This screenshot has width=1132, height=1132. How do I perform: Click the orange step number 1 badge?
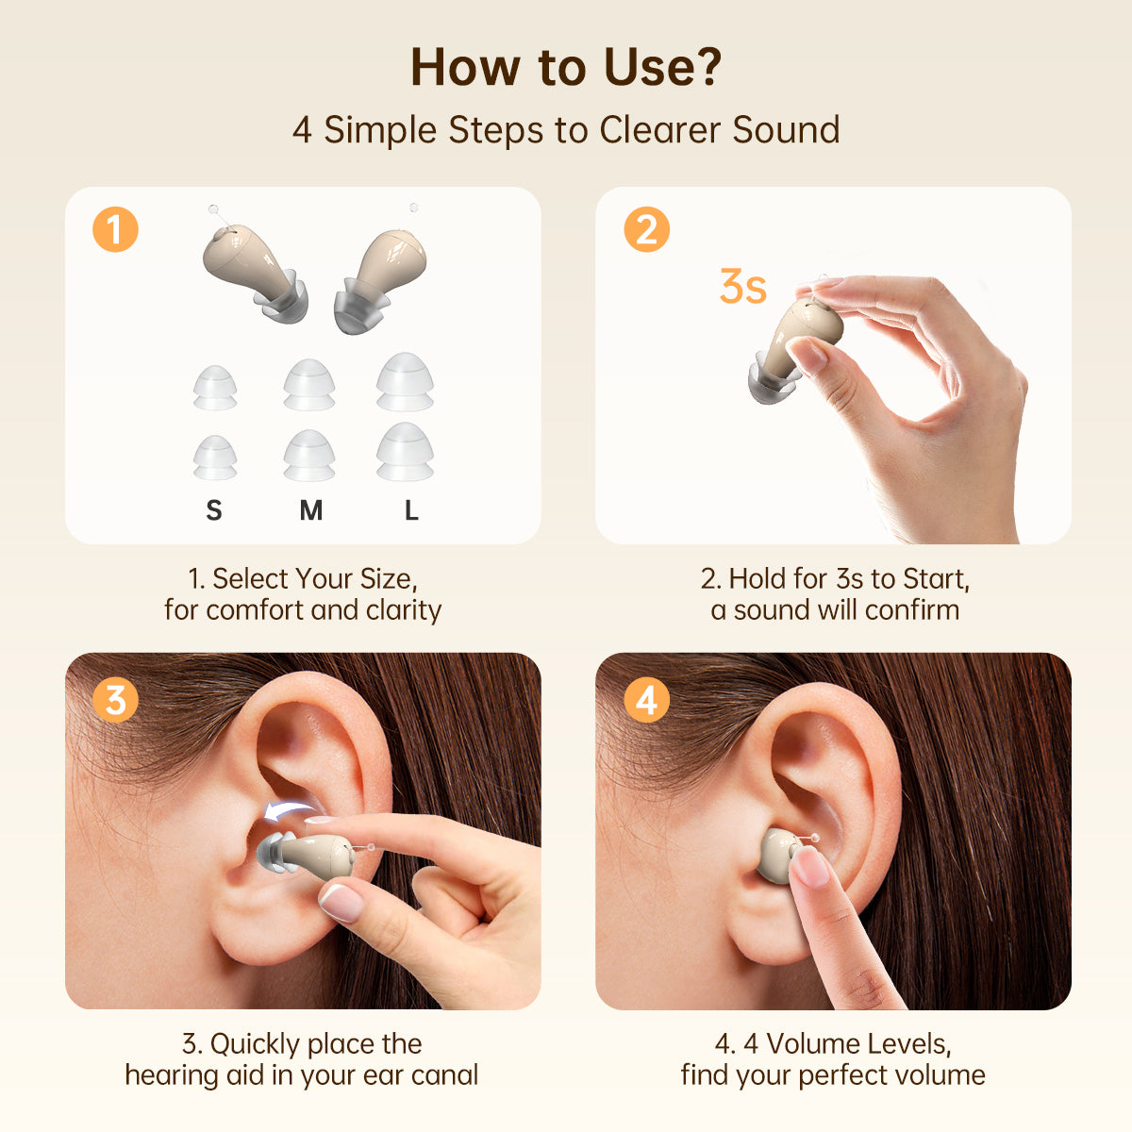click(x=115, y=230)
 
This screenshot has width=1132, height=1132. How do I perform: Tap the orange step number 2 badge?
click(x=646, y=230)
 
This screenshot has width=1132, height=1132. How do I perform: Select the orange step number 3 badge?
click(x=115, y=700)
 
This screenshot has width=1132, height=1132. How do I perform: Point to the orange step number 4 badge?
click(x=646, y=700)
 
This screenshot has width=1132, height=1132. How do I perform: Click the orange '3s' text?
click(x=742, y=288)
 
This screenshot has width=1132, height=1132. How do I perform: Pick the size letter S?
click(x=214, y=510)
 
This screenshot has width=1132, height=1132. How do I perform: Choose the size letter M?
click(x=310, y=510)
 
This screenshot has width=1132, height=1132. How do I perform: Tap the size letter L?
click(x=411, y=510)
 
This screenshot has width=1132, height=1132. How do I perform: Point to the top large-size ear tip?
click(x=405, y=381)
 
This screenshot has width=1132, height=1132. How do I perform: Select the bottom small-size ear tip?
click(x=215, y=458)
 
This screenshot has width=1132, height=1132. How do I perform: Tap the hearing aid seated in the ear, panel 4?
click(x=778, y=855)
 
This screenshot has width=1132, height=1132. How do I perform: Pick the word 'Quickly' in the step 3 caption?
click(x=253, y=1044)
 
